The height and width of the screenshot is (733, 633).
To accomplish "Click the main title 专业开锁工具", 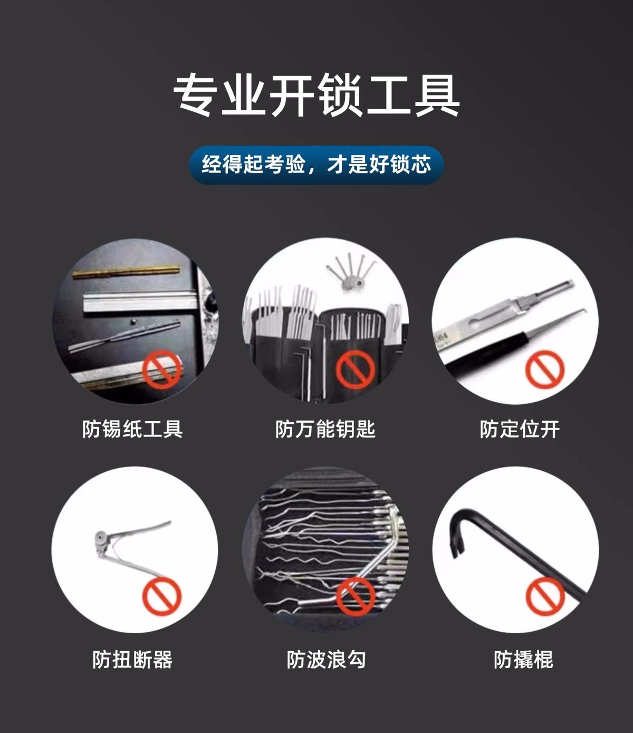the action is click(x=316, y=96).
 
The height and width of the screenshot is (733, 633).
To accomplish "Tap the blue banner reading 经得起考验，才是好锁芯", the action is click(x=316, y=165).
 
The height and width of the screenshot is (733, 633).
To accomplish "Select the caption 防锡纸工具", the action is click(x=132, y=429).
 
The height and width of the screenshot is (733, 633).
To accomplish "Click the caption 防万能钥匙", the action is click(x=325, y=429).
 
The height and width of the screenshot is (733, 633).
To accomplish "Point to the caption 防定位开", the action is click(x=520, y=429).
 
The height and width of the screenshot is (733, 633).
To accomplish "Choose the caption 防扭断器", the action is click(x=132, y=660).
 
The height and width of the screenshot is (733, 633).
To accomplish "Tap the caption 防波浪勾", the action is click(x=326, y=660).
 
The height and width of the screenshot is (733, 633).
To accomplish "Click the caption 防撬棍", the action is click(x=523, y=660).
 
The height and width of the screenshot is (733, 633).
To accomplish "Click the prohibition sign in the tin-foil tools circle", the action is click(x=161, y=369).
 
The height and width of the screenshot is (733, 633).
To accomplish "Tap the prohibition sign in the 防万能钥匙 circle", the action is click(x=356, y=369).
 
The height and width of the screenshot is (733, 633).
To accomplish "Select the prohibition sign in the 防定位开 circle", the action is click(x=545, y=369).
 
